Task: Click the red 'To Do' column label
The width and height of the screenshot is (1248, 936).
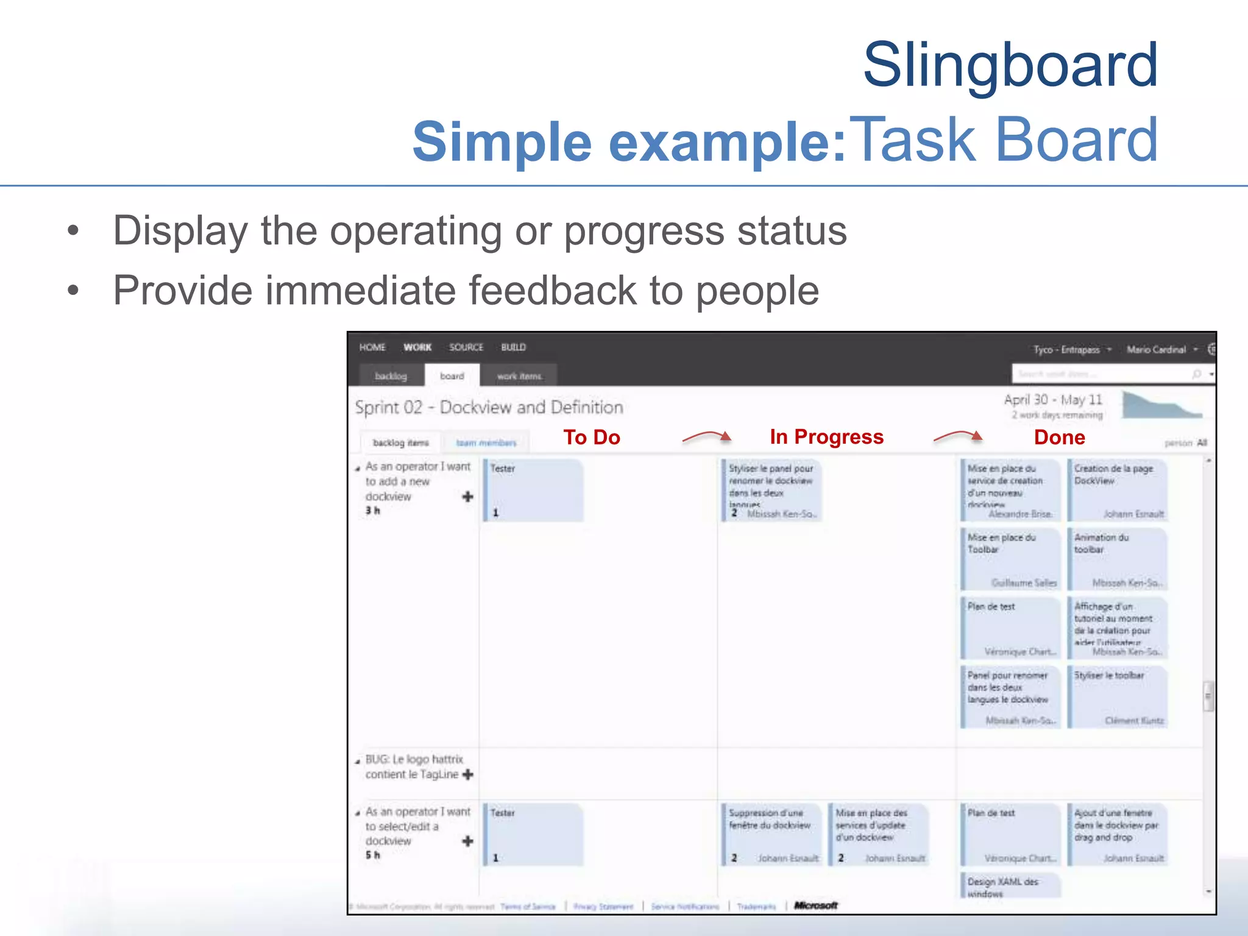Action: [x=591, y=437]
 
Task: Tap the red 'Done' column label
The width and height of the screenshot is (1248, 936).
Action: [x=1059, y=437]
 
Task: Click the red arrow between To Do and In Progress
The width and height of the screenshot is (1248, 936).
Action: [x=706, y=436]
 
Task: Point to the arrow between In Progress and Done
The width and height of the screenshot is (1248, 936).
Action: [x=958, y=435]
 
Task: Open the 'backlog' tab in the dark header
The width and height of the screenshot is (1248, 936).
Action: [x=391, y=376]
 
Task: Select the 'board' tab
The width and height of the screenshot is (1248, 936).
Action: [x=452, y=376]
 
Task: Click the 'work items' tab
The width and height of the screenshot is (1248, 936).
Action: [x=519, y=376]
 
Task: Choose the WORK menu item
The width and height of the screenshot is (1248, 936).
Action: [x=417, y=347]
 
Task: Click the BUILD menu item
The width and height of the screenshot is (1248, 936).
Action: [x=513, y=347]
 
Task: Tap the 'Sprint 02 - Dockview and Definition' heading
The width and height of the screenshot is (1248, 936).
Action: [x=489, y=407]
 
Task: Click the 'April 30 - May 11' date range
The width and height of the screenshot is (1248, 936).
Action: [x=1053, y=400]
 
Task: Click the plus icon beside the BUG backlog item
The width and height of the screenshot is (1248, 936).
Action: [x=468, y=775]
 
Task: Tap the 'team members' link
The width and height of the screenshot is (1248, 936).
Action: [x=486, y=443]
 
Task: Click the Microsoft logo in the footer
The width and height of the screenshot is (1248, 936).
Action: [x=816, y=906]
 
